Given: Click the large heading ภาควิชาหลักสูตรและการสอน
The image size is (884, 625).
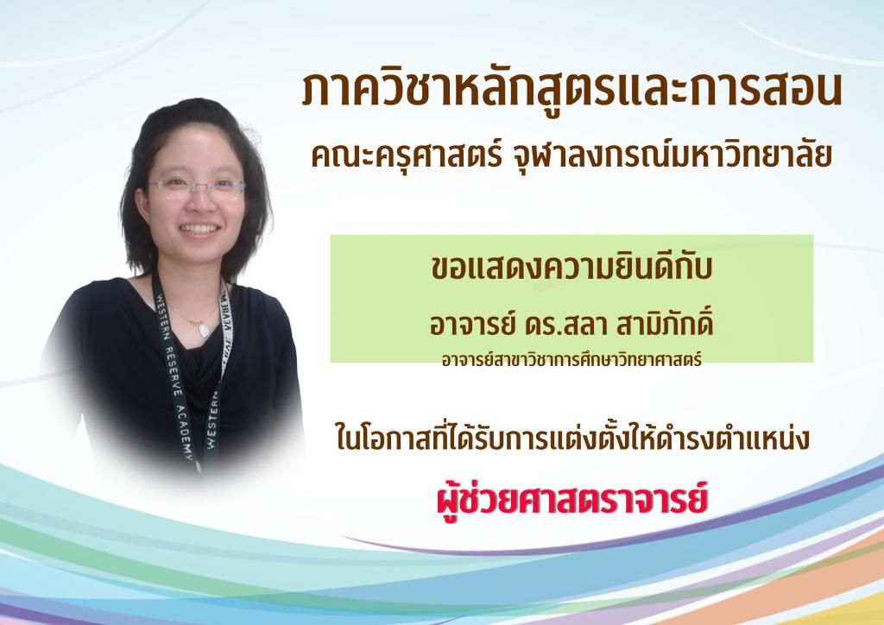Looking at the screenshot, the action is pos(571,90).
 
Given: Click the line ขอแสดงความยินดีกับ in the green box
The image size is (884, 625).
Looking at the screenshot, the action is pos(571,267).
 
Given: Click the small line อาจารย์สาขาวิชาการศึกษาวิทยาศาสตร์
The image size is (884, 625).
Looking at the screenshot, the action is pos(571,360).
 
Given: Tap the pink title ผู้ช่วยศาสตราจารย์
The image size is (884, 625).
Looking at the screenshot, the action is pos(571,497).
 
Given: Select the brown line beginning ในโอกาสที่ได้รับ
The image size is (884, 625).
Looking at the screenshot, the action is pos(573,438).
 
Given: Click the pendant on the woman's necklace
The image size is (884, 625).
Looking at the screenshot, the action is pos(203,329).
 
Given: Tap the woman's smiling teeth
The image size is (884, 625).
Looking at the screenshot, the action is pos(199,230).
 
